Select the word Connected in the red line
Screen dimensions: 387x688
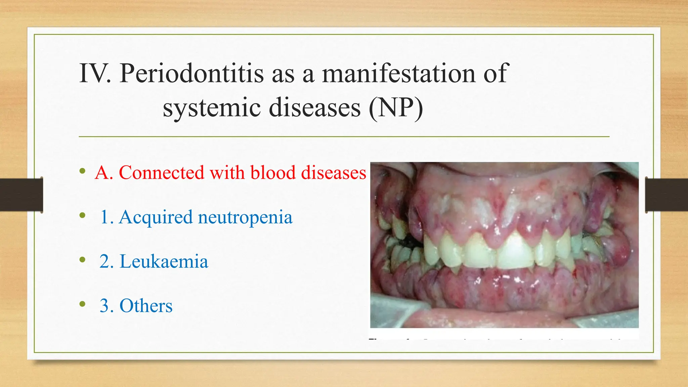click(162, 173)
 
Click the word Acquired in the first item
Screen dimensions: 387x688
click(156, 217)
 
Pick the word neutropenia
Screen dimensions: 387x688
click(245, 217)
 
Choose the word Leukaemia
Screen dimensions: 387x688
click(164, 261)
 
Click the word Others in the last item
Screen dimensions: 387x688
click(146, 306)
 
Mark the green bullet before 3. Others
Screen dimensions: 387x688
click(82, 304)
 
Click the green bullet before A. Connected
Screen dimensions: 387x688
click(82, 171)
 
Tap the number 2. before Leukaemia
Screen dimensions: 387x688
click(106, 261)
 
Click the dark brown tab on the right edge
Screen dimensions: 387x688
click(666, 195)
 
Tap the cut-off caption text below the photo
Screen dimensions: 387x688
click(497, 340)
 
